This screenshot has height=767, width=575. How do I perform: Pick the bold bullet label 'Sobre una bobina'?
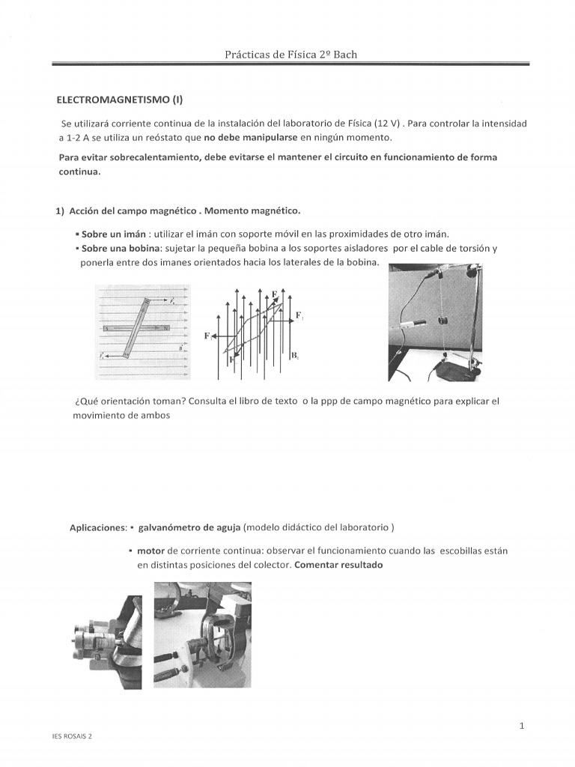click(x=121, y=248)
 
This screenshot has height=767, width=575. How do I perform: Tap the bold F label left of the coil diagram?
click(x=207, y=336)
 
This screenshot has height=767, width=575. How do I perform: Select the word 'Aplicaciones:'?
click(x=97, y=528)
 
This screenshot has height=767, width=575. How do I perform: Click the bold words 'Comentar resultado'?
click(x=338, y=565)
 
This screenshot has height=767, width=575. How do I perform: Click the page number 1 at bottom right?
click(x=520, y=726)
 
